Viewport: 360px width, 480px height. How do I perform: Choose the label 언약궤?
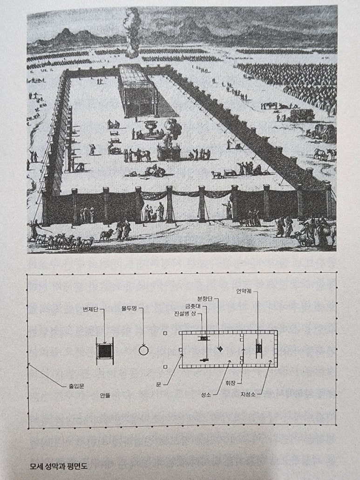(246, 292)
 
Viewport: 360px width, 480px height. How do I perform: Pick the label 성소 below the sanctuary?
(206, 394)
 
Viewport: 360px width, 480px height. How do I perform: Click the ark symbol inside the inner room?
(259, 348)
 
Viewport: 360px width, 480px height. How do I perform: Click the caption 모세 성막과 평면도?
(58, 465)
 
